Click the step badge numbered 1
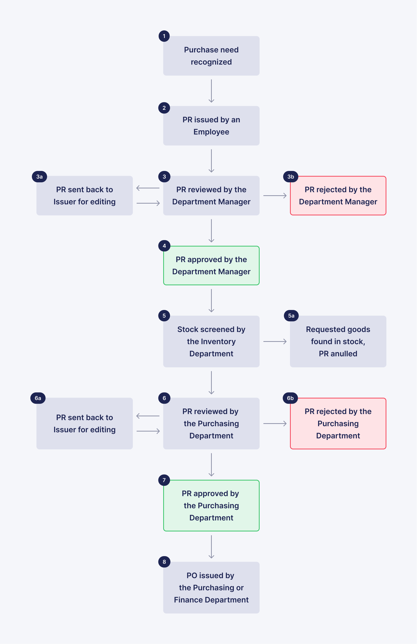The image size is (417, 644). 164,36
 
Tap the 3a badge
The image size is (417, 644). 39,177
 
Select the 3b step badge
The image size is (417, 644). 290,177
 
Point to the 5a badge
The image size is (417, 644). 291,316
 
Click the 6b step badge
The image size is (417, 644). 290,398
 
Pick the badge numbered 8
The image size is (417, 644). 164,562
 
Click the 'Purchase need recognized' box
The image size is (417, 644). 211,56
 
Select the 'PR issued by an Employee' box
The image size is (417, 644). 211,126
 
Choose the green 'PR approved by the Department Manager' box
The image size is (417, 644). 211,265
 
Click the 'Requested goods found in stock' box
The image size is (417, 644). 338,341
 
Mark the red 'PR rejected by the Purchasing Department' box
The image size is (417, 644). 338,423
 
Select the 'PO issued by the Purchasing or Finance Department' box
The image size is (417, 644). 211,588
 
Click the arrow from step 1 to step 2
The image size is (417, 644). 211,91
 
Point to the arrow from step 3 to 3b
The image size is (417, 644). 275,195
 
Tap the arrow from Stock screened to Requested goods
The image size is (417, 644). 275,341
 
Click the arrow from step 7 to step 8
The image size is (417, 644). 211,547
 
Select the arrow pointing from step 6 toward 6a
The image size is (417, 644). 148,416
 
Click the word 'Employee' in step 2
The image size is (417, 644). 211,132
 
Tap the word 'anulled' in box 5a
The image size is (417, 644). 344,354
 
